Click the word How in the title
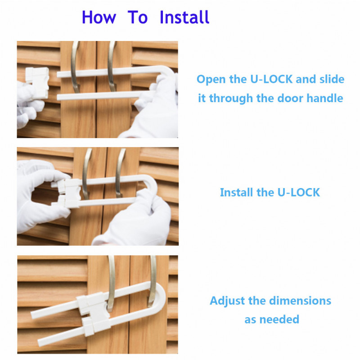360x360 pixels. [99, 17]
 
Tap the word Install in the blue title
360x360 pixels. [184, 17]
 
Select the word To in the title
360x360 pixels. [138, 17]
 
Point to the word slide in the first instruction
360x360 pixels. [332, 79]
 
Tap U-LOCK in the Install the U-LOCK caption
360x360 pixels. [299, 192]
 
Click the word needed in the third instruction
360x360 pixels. [279, 319]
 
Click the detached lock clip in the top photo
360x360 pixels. [37, 83]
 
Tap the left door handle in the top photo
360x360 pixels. [75, 67]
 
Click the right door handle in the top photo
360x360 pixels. [112, 67]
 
